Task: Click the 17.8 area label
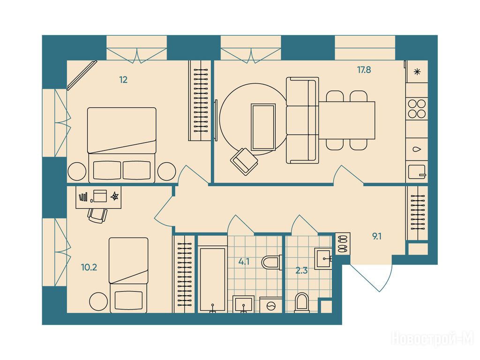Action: [364, 70]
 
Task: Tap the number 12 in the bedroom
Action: [123, 80]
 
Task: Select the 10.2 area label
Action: [89, 267]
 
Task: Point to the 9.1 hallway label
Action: [376, 236]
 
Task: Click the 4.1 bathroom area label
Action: [244, 262]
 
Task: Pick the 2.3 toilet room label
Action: [301, 270]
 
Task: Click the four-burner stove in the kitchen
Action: [417, 109]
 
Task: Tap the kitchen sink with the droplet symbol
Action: [417, 150]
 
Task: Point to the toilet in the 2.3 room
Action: [302, 303]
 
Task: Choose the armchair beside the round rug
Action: [244, 161]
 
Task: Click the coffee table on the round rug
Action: [263, 127]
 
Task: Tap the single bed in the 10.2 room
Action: [128, 275]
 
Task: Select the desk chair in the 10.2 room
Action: [97, 216]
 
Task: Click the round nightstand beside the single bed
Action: [98, 301]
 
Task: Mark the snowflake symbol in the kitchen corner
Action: [417, 72]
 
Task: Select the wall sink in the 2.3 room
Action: [323, 258]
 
